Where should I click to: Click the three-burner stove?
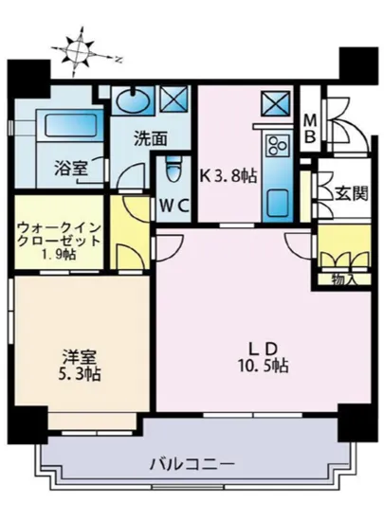(x=277, y=145)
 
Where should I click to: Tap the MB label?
(x=311, y=128)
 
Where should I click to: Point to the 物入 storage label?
(x=342, y=278)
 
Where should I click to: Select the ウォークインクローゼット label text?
(x=59, y=235)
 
